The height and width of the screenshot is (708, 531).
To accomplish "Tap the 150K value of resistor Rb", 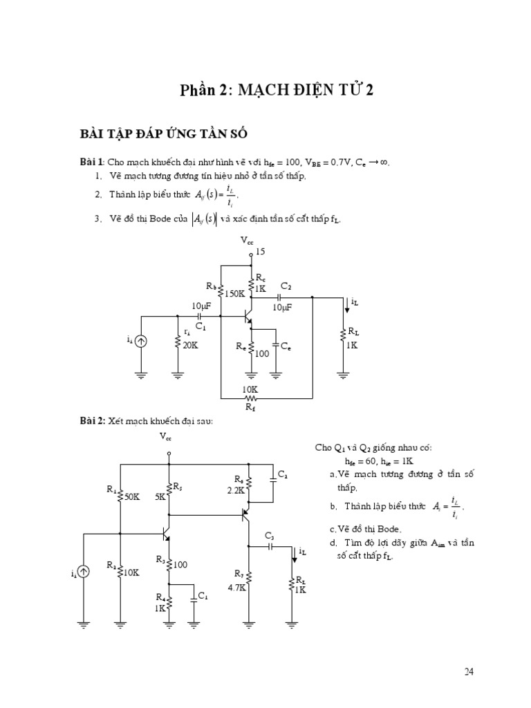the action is coord(234,294).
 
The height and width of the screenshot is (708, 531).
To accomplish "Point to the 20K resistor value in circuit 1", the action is coord(189,345).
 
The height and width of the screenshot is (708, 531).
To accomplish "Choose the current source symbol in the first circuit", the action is coord(141,340).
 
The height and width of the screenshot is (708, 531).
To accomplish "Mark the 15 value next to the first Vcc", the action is coord(261,252).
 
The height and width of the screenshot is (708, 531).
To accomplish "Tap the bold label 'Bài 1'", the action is coord(91,162).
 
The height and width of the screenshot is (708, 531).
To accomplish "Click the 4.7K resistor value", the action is coord(237,588).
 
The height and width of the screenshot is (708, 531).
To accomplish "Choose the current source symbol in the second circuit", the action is coord(84,572).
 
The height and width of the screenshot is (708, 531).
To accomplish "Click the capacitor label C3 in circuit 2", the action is coord(269,536).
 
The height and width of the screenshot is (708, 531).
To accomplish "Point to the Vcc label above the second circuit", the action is coord(166,436).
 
